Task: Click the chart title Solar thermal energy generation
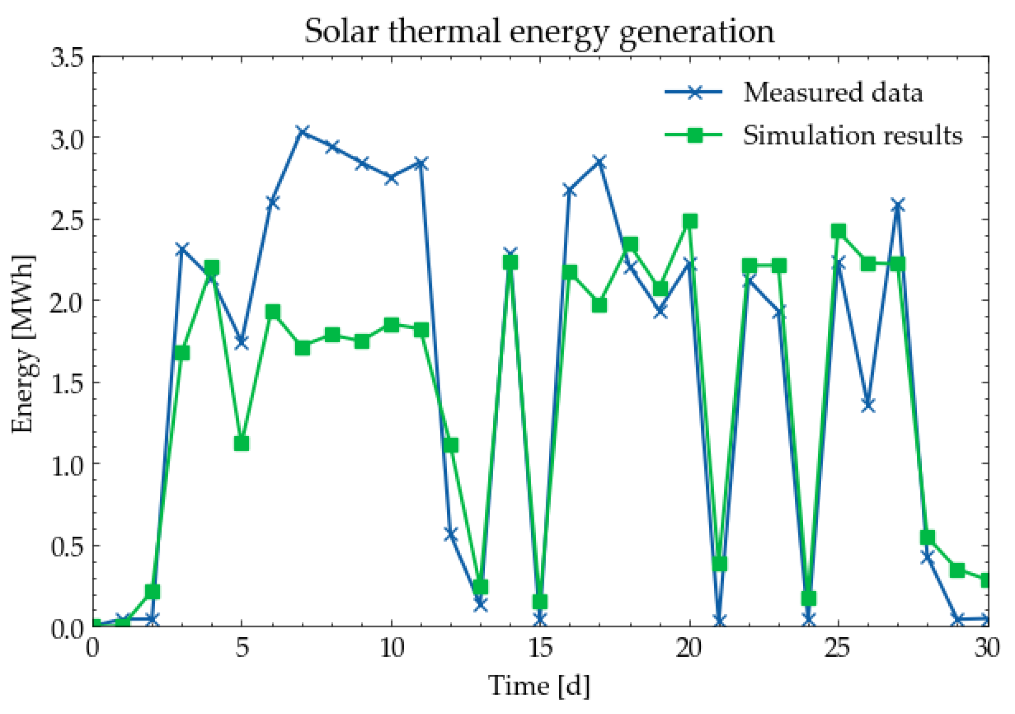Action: pos(539,31)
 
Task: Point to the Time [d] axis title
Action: pos(539,685)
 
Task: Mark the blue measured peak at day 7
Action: pos(303,132)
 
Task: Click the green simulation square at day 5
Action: pos(241,444)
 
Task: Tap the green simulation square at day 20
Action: pos(690,221)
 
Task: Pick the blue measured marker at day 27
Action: pos(898,205)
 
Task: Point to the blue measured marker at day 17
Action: pos(600,162)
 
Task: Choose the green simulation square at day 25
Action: pos(838,231)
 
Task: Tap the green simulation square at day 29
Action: pos(958,570)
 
